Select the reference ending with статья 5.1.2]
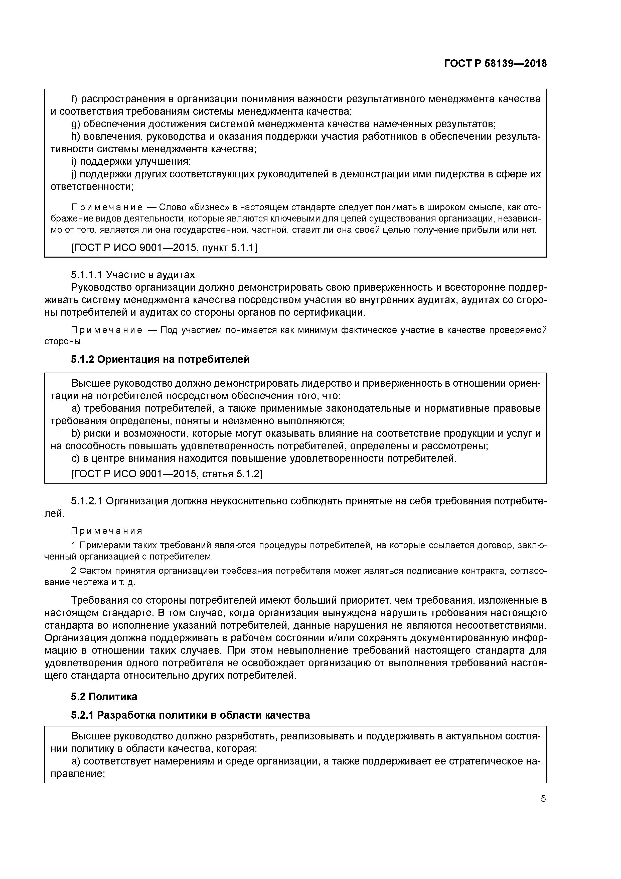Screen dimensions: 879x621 tap(167, 474)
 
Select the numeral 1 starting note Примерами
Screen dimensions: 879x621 tap(73, 545)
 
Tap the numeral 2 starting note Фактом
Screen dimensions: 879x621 tap(73, 571)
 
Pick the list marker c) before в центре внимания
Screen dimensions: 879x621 tap(75, 458)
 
